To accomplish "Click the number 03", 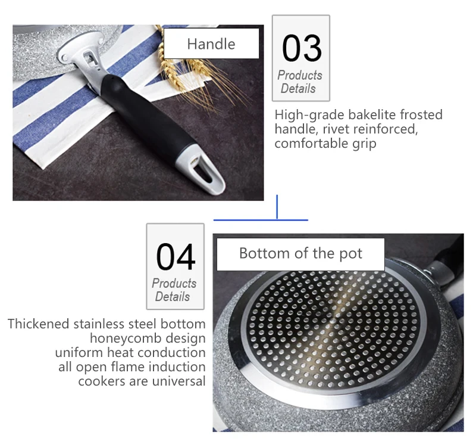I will point(301,48).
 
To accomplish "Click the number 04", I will point(176,257).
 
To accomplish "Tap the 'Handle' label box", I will point(211,44).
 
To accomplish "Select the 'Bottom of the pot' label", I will point(300,253).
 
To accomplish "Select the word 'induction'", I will point(176,367).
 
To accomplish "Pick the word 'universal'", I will point(176,381).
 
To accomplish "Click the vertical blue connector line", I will point(277,207).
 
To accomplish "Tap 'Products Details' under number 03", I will point(300,82).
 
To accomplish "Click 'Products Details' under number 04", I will point(174,290).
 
